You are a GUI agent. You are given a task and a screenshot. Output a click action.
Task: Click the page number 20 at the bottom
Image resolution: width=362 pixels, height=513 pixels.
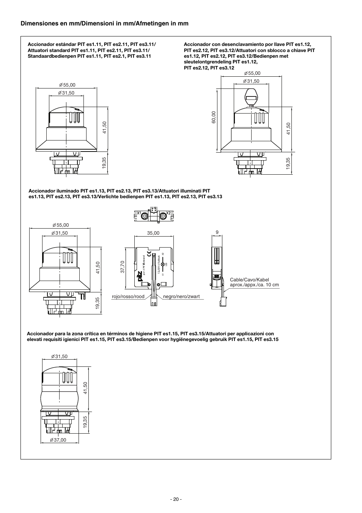[176, 499]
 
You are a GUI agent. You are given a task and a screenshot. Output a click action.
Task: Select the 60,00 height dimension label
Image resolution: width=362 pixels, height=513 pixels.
[214, 117]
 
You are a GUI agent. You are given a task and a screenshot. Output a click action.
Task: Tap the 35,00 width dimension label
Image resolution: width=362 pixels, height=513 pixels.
[153, 233]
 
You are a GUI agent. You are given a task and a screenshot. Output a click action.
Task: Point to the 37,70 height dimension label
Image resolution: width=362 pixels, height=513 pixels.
[123, 267]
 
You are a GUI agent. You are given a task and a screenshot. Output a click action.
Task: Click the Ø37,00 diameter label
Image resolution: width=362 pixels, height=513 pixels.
[58, 440]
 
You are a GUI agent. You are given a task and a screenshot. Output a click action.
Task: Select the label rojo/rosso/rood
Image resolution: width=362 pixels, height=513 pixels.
[128, 297]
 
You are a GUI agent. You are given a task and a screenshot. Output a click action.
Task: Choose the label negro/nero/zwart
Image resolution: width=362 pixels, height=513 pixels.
[181, 297]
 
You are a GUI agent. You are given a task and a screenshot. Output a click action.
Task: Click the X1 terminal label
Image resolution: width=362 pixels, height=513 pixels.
[139, 213]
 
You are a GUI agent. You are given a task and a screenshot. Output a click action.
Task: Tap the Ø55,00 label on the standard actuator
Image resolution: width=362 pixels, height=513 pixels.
[67, 85]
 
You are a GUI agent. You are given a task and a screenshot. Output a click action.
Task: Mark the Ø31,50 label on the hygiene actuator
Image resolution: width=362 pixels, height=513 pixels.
[59, 357]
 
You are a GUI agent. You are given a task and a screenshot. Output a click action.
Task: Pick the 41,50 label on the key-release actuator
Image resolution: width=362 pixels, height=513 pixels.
[288, 128]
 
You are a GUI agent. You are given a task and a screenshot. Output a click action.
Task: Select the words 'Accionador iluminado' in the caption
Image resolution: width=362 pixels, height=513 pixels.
[52, 191]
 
